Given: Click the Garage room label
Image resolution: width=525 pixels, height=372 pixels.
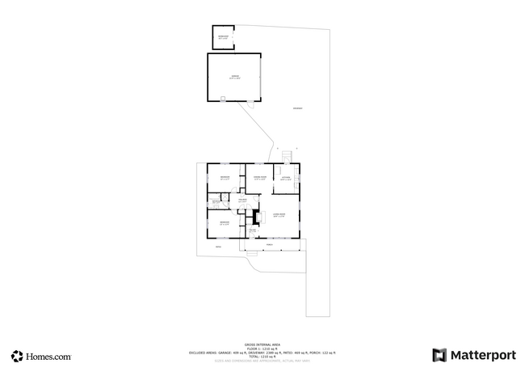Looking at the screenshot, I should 234,77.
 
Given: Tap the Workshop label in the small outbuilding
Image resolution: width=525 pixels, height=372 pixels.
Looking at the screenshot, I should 224,37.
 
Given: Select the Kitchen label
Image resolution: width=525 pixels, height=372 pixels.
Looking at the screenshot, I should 286,178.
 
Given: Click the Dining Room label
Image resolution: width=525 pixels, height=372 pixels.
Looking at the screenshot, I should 260,178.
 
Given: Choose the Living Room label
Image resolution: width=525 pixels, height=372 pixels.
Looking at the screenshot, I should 279,215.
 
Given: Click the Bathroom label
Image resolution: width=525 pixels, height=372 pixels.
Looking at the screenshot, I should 216,201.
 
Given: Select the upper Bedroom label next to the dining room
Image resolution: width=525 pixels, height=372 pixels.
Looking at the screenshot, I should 225,178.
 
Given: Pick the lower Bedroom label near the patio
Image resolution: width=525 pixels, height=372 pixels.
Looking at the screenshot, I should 225,222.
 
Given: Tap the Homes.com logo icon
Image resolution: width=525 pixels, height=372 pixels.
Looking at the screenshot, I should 17,356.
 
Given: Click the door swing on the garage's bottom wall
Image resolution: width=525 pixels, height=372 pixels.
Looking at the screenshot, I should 223,99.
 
